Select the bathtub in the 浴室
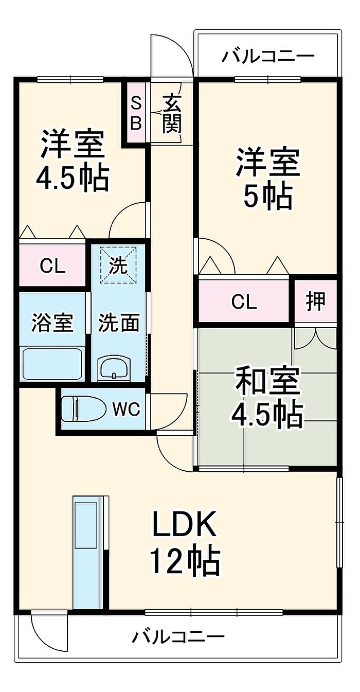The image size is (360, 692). (x=52, y=363)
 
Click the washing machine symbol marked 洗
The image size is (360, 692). (x=119, y=264)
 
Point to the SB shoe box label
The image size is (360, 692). (x=136, y=113)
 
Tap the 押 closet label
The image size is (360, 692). (x=316, y=301)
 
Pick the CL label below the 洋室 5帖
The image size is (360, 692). (x=244, y=301)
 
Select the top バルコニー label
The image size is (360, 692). (x=268, y=56)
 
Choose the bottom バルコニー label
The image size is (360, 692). (x=178, y=637)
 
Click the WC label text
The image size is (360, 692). (x=126, y=409)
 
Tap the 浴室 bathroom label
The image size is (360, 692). (x=52, y=323)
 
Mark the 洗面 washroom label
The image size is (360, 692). (x=119, y=323)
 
